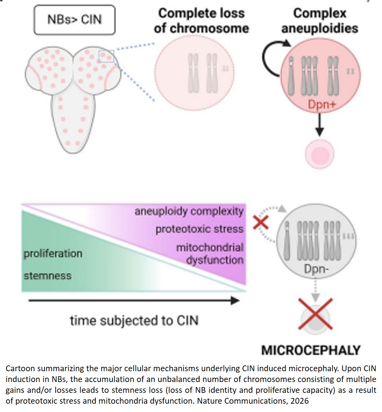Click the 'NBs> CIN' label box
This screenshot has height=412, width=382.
[75, 19]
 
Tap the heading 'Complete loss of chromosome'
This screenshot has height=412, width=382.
[201, 21]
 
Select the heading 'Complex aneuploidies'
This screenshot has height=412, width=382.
[319, 21]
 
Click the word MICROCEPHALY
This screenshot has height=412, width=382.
[311, 350]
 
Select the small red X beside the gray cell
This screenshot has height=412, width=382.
[261, 222]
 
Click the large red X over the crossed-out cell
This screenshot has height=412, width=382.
[316, 313]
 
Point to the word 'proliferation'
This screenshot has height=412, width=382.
[53, 253]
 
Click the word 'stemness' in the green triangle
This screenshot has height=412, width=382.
[47, 276]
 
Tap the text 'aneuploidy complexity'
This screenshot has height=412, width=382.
[189, 211]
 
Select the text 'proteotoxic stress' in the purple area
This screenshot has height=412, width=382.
[199, 229]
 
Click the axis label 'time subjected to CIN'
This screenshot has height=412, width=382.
[134, 320]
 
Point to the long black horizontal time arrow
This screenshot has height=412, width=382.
[134, 300]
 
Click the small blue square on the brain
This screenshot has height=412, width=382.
[107, 57]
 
